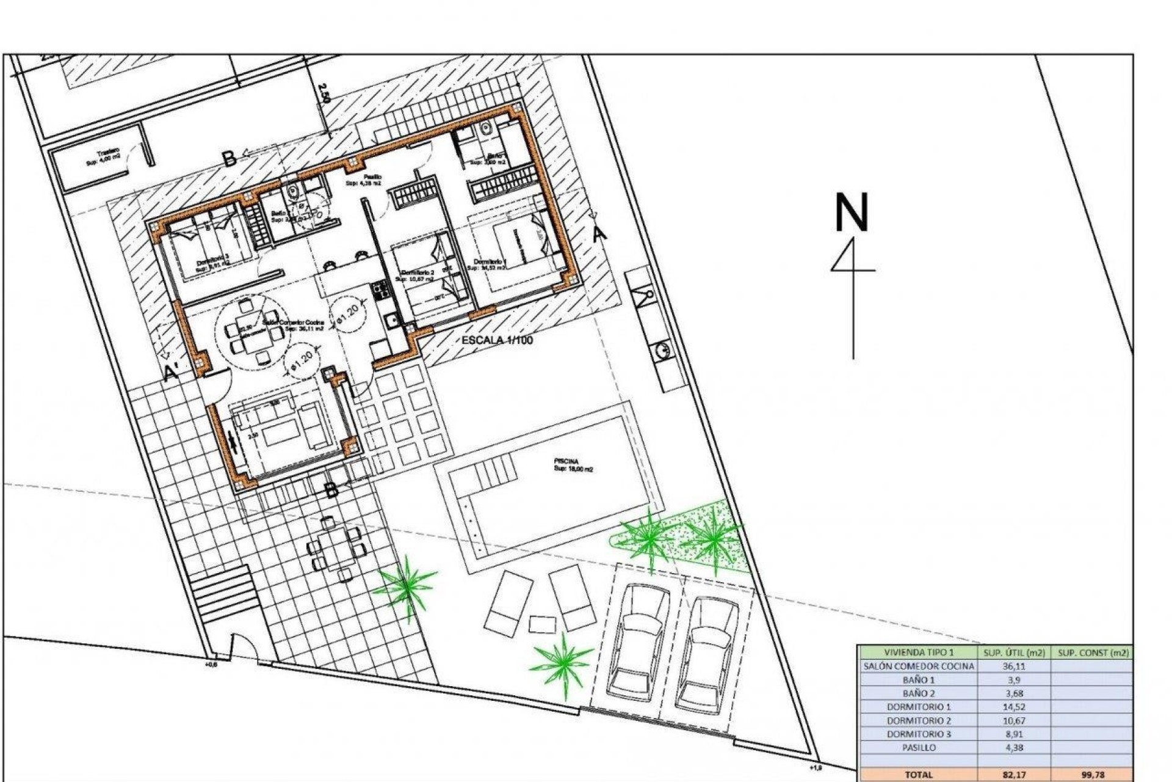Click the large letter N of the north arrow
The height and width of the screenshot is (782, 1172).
point(852,212)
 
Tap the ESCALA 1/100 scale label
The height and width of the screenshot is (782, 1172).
point(497,340)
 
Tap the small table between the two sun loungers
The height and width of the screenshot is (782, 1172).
point(542,624)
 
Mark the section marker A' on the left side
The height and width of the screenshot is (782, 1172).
point(172,372)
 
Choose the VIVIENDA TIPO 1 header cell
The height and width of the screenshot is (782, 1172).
point(918,652)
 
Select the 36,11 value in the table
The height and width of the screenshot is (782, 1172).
point(1013,666)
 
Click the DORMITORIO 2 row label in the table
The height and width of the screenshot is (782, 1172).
point(918,720)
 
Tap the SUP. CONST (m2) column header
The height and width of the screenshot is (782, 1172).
point(1093,652)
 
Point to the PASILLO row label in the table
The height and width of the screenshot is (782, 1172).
point(918,747)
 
